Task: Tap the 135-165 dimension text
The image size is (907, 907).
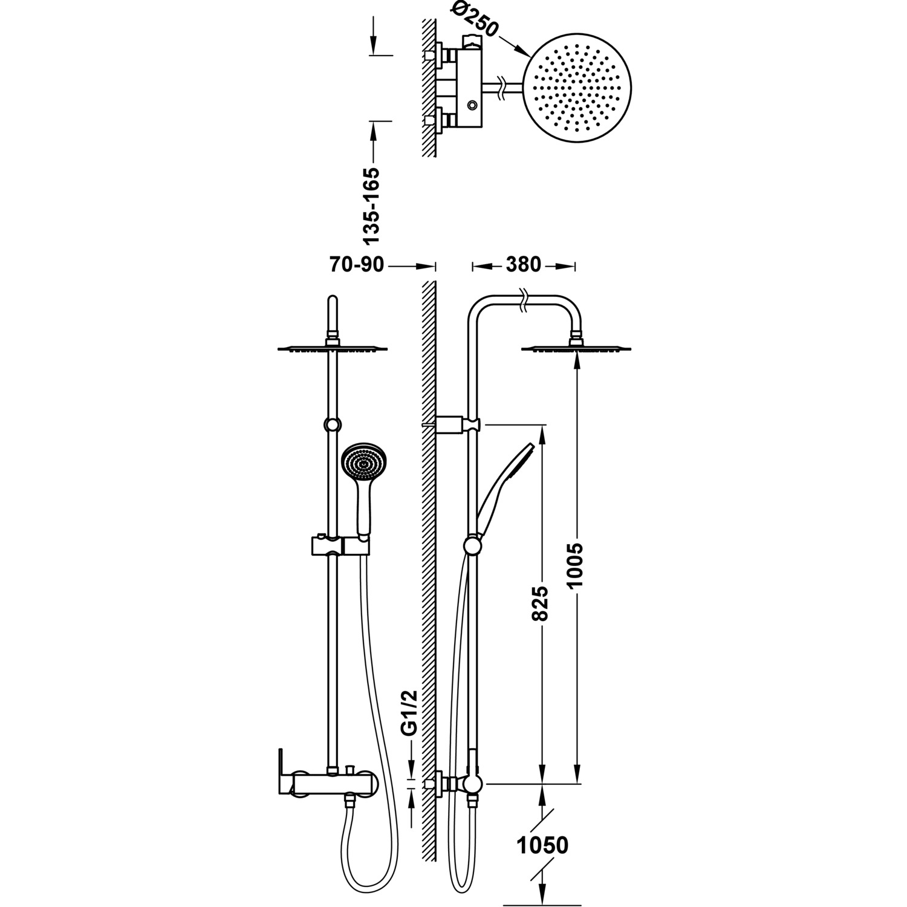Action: coord(373,206)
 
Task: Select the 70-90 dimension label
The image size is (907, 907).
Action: coord(357,264)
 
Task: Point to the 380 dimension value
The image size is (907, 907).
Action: coord(523,264)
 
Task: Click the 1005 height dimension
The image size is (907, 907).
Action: coord(576,565)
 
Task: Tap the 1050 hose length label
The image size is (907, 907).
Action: coord(543,845)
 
